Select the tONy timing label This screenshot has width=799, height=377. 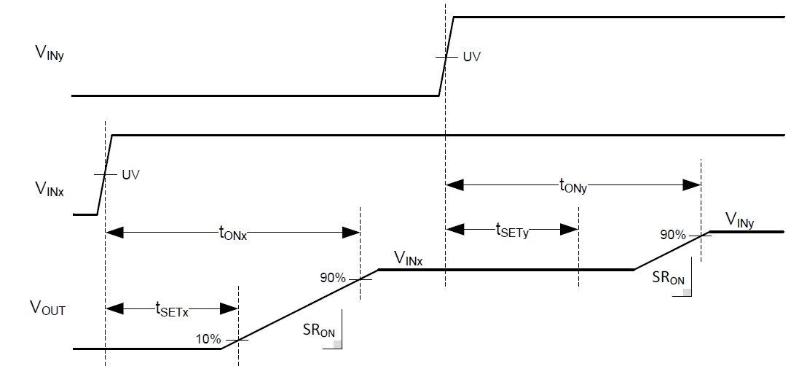click(x=572, y=187)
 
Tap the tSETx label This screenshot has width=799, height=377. click(x=172, y=310)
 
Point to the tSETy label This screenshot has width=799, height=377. click(x=512, y=231)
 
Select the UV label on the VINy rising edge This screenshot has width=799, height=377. click(x=472, y=56)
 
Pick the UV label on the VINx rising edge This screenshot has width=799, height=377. click(x=130, y=175)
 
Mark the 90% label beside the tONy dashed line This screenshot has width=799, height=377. click(x=673, y=235)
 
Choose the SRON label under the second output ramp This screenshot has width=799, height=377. click(x=666, y=279)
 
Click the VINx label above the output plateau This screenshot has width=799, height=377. click(x=410, y=257)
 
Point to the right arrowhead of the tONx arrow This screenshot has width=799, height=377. click(x=353, y=233)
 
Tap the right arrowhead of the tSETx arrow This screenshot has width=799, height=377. click(x=231, y=308)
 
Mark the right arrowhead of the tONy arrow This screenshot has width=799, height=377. click(x=693, y=186)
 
